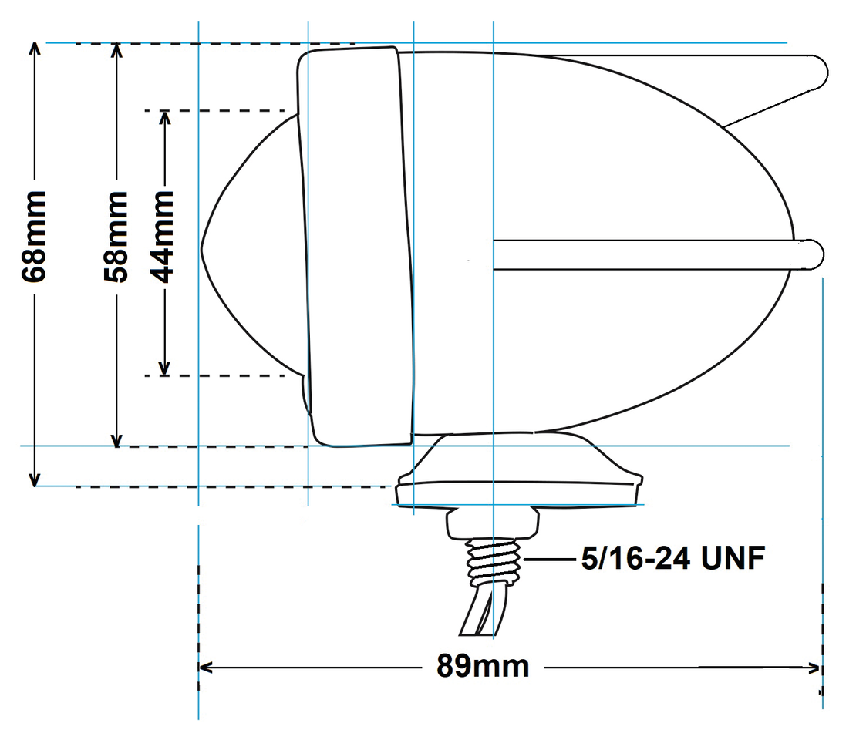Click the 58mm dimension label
click(x=117, y=237)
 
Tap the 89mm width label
click(x=483, y=666)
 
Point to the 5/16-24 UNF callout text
click(x=672, y=558)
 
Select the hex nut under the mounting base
click(x=492, y=523)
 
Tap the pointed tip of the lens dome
click(x=204, y=248)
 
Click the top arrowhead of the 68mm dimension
click(x=35, y=49)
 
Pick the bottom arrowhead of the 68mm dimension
click(x=35, y=481)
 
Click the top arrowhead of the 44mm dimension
click(x=164, y=116)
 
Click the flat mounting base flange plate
click(x=518, y=493)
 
